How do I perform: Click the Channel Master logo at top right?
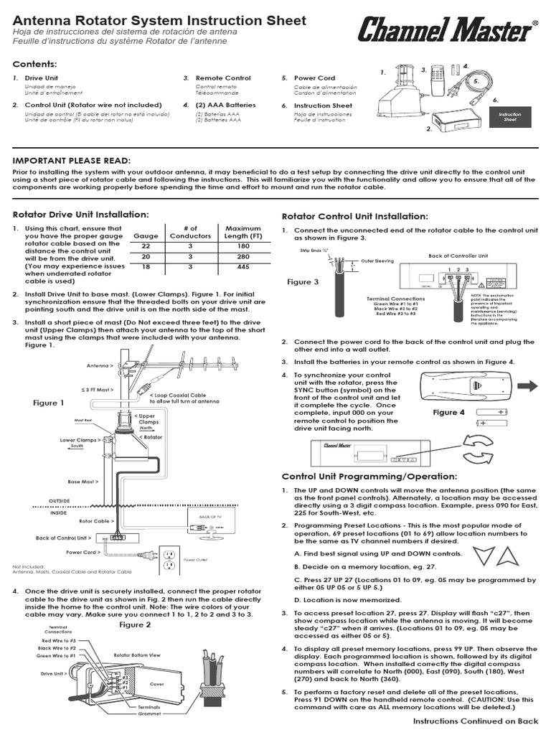tap(445, 31)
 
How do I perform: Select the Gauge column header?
tap(146, 235)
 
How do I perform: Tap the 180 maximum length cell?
tap(242, 246)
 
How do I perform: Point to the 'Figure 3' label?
tap(303, 282)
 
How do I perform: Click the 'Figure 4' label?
tap(449, 413)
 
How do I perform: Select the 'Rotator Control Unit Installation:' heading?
tap(354, 216)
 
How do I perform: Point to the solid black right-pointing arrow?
tap(527, 386)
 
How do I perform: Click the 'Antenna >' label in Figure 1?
tap(100, 365)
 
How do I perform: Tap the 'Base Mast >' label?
tap(84, 482)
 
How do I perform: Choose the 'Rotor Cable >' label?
tap(95, 521)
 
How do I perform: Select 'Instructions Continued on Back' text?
tap(475, 721)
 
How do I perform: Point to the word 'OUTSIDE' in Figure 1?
tap(60, 500)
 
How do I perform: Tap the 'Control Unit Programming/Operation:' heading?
tap(369, 476)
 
